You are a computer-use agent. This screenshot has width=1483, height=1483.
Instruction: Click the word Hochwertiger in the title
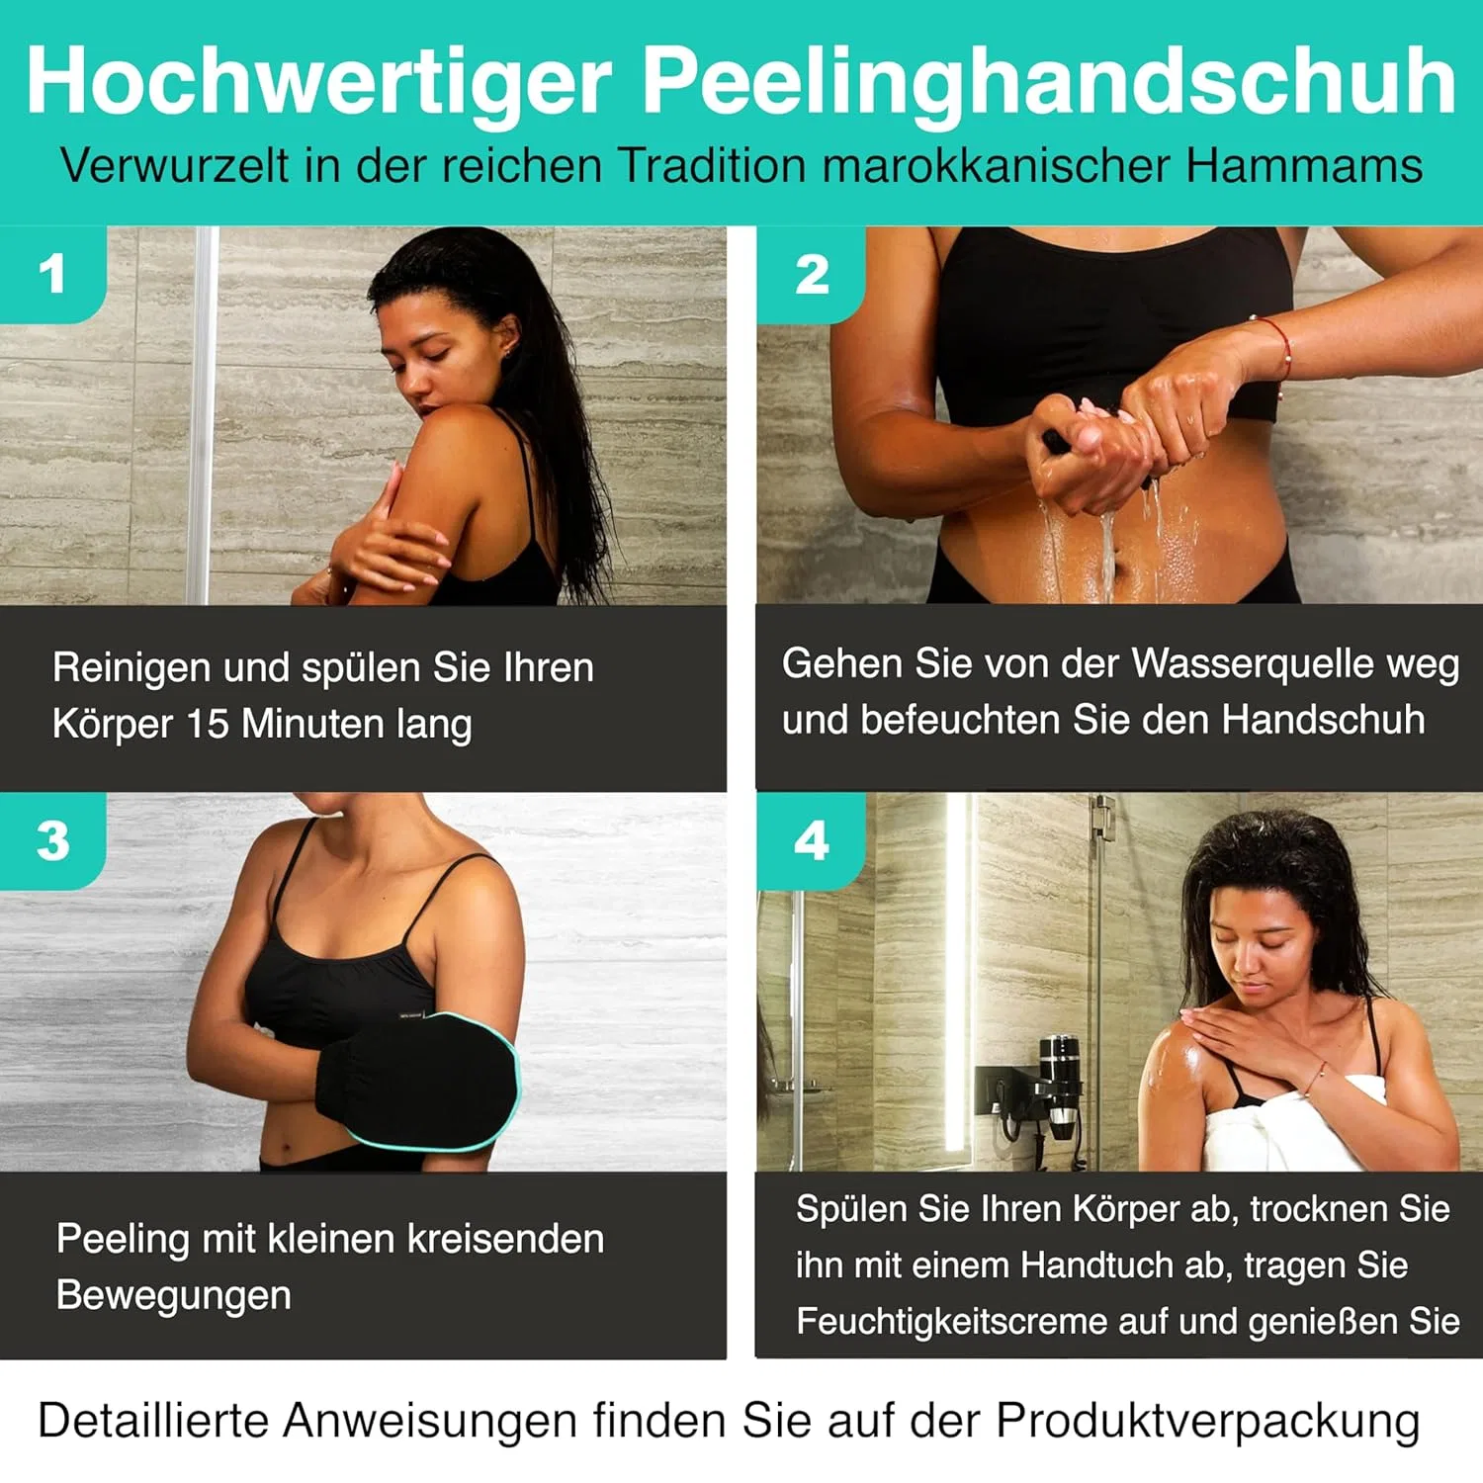pos(318,83)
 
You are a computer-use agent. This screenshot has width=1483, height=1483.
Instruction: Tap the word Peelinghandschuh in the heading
pos(1049,83)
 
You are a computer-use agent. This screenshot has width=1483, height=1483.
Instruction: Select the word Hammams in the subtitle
pos(1304,165)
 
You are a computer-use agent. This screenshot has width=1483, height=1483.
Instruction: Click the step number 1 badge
pos(53,274)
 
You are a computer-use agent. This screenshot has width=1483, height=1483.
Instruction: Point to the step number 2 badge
pos(812,274)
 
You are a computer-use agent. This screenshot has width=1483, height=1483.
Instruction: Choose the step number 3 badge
pos(53,840)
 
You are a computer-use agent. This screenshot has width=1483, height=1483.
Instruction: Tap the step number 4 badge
pos(812,840)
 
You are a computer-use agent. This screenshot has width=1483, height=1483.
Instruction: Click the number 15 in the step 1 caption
pos(208,724)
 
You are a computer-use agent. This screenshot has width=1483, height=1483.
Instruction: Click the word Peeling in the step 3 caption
pos(123,1240)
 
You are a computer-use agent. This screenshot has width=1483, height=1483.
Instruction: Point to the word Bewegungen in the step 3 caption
pos(174,1296)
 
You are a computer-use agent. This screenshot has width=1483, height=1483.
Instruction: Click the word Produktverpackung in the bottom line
pos(1207,1422)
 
